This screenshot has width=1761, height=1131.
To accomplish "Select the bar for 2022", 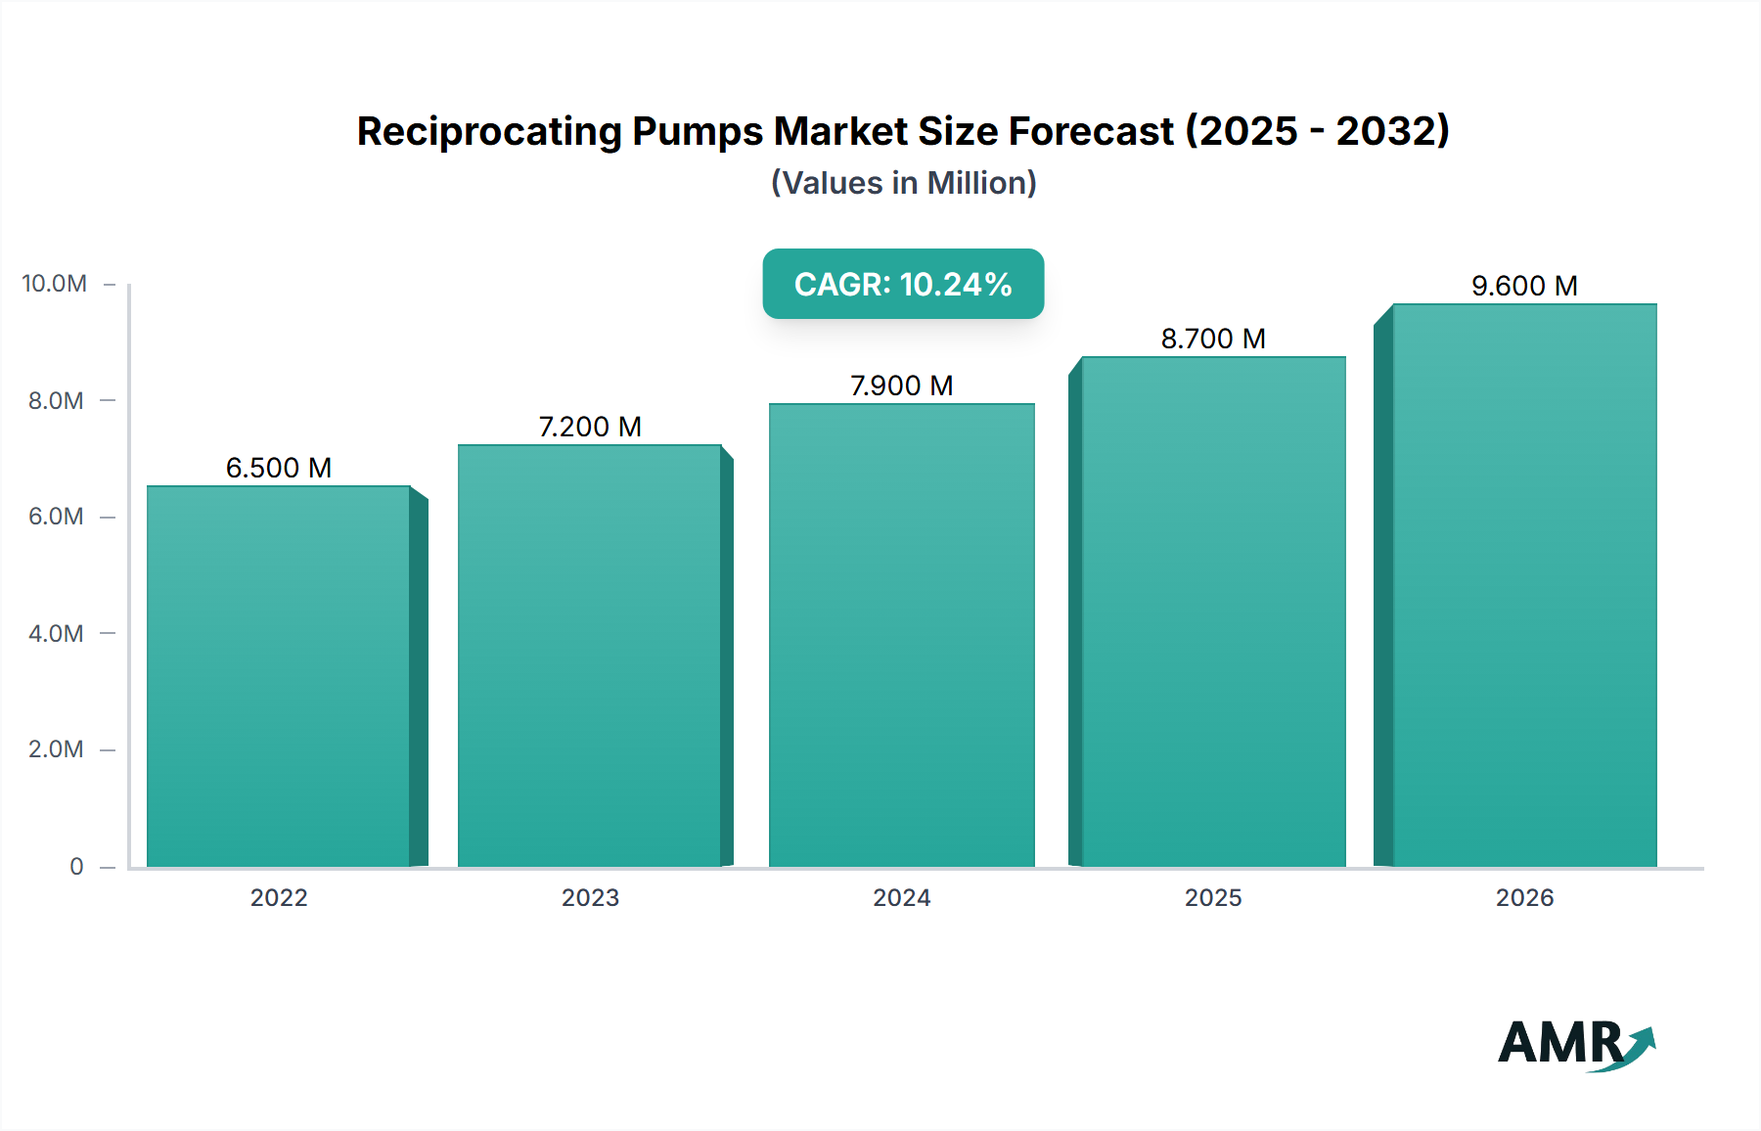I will coord(279,675).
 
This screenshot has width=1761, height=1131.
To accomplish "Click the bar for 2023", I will coord(590,656).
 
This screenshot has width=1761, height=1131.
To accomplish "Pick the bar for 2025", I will coord(1213,611).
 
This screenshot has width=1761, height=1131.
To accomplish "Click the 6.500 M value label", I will coord(279,468).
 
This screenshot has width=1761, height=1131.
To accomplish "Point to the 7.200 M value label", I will coord(590,427).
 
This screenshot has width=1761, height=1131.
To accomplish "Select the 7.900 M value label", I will coord(901,385).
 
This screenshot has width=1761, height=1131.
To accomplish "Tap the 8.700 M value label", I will coord(1213,339).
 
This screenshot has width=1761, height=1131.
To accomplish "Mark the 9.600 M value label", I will coord(1524,286).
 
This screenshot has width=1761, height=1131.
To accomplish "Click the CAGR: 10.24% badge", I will coord(903,284).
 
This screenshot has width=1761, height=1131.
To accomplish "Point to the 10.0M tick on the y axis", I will coord(55,284).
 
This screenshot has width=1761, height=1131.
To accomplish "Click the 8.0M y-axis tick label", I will coord(56,400).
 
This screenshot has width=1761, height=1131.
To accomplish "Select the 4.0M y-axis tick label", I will coord(56,633).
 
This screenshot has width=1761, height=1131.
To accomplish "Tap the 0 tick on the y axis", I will coord(76,866).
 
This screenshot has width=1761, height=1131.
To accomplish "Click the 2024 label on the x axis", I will coord(901,897).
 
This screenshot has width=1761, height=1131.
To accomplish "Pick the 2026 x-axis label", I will coord(1524,897).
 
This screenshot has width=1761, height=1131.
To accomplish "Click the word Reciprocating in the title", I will coord(489,131).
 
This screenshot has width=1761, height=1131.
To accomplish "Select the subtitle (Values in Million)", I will coord(903,183).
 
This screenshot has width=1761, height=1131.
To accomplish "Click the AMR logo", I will coord(1575,1044).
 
